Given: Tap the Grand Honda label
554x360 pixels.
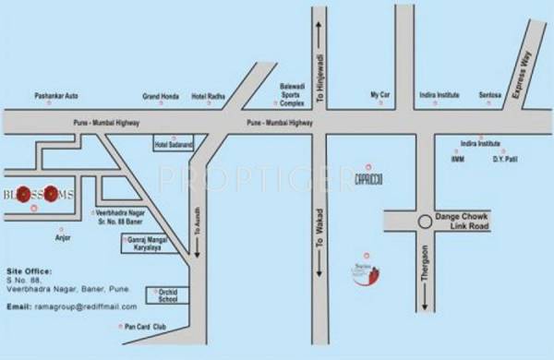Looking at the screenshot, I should click(161, 95).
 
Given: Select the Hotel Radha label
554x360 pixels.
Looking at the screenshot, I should click(208, 95).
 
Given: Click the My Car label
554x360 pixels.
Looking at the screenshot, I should click(380, 94).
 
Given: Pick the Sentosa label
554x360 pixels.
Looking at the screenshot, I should click(491, 94).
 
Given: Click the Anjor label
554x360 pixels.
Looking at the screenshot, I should click(63, 237).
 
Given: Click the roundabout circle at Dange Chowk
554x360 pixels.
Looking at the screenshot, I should click(424, 222).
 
